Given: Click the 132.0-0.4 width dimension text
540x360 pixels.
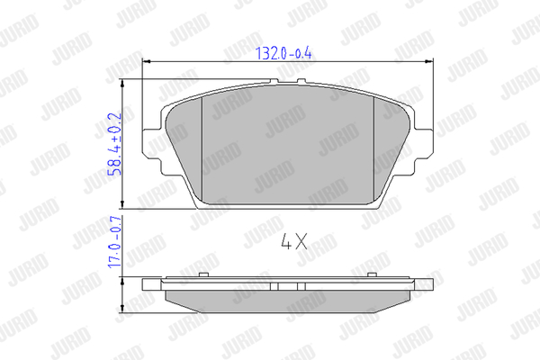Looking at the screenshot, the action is [283, 53].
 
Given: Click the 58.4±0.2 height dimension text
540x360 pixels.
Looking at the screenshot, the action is [114, 144].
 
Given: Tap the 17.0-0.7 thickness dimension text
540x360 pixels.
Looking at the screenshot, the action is [114, 242].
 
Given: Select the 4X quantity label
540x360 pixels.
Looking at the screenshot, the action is [294, 241].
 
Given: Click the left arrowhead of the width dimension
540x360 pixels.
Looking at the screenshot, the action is [147, 62].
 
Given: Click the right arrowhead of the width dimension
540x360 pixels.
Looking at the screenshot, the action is [429, 62].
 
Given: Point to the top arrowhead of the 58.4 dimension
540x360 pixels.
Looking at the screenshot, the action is [122, 84].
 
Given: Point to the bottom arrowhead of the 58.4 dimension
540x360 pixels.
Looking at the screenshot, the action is [122, 204].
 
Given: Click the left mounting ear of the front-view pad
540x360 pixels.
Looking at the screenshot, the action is [152, 144].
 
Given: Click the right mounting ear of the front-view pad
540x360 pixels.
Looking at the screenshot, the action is [423, 144].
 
